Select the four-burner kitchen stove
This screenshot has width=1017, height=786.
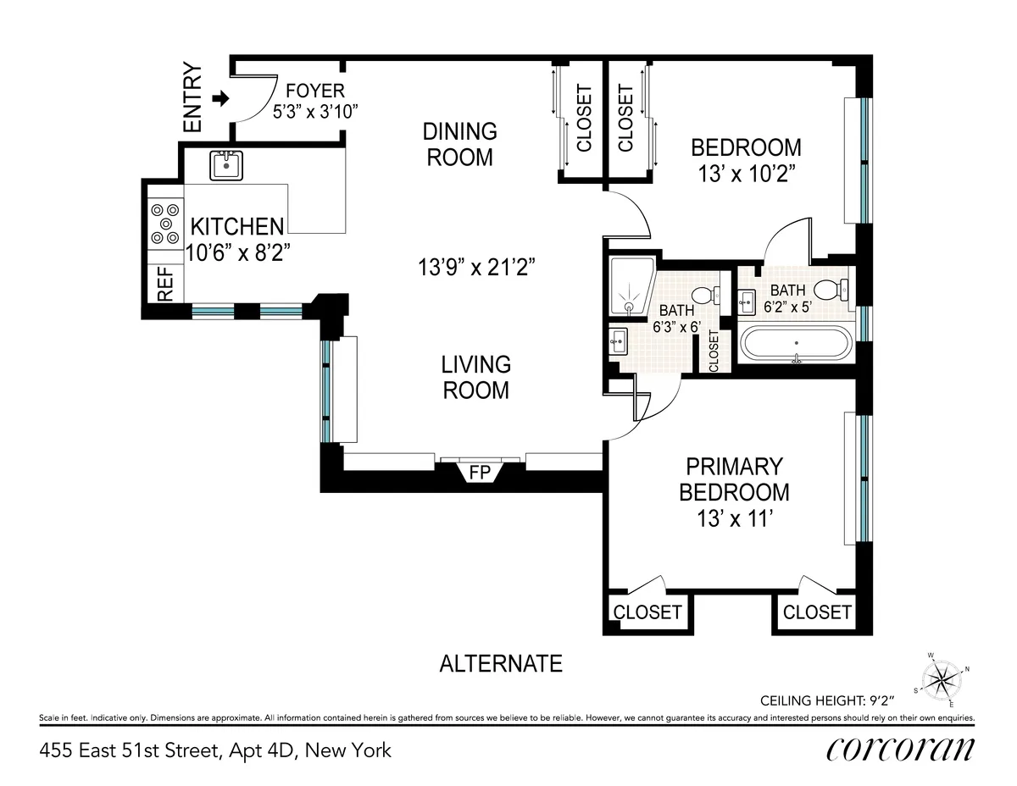tap(164, 223)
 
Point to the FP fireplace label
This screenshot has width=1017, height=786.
tap(480, 472)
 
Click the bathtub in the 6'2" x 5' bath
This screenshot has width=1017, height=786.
tap(796, 345)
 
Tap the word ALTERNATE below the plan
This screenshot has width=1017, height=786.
tap(500, 663)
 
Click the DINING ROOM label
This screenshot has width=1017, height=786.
tap(459, 144)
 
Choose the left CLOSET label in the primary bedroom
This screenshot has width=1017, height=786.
tap(647, 612)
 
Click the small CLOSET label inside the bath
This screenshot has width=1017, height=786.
tap(713, 351)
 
